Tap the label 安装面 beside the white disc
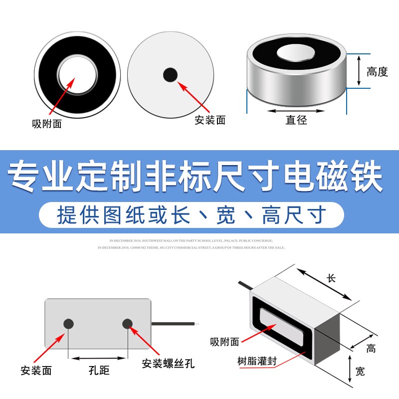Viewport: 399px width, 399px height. (x=210, y=120)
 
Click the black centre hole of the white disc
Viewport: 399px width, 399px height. (x=171, y=75)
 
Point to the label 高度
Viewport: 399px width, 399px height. (x=377, y=72)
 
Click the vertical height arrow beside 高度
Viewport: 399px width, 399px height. (x=359, y=70)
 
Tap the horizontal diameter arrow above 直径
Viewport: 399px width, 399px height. (x=296, y=109)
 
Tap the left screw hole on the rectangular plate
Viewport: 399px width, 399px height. (x=68, y=323)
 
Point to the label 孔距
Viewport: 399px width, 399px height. (x=98, y=371)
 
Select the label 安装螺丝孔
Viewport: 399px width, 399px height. (x=168, y=363)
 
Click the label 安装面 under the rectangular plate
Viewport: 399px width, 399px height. (x=36, y=371)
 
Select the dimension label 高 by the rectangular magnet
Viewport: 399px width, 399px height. (x=371, y=349)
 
